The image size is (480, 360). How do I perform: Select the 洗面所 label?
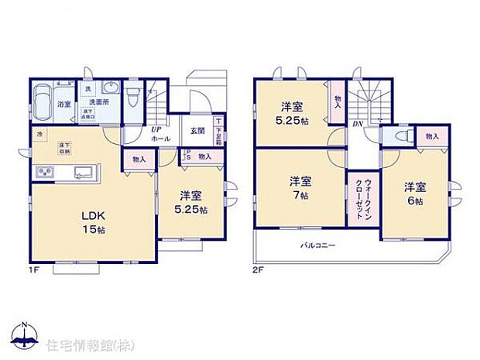97,103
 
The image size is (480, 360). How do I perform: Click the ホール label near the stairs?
161,138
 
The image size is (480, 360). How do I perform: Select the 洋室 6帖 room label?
414,193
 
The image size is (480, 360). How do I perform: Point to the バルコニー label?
317,245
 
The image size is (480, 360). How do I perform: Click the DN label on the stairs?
358,124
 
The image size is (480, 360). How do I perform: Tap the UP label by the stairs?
156,129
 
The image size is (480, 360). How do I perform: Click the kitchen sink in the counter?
81,171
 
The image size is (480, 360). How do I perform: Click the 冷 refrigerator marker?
39,134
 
